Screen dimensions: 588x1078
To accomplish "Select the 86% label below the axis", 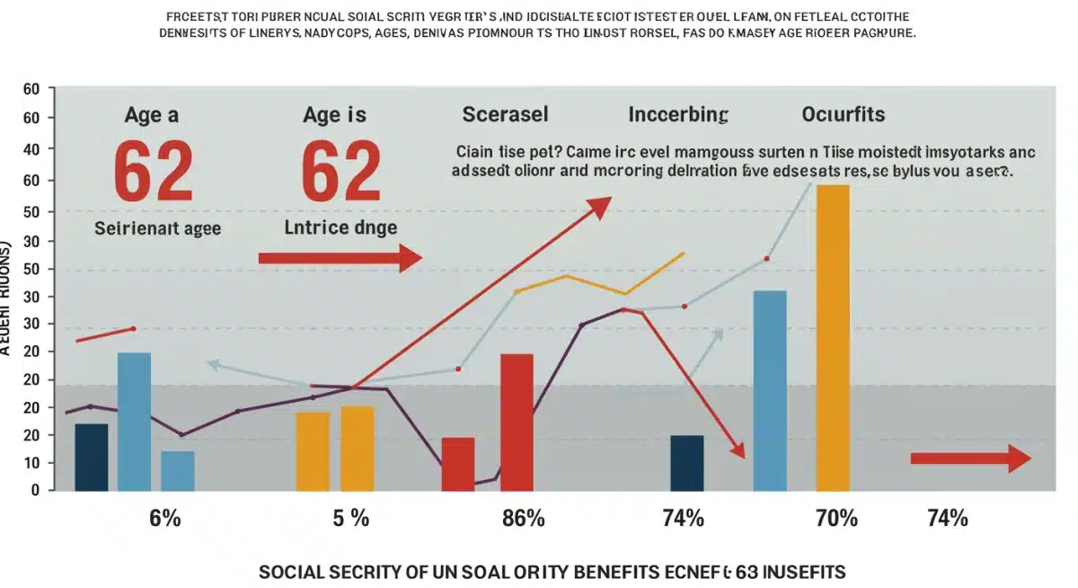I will point(523,518).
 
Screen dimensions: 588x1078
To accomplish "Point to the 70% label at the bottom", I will point(836,518).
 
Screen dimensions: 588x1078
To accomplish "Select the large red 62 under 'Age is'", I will point(340,173).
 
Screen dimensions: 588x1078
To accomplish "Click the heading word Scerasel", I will point(505,115).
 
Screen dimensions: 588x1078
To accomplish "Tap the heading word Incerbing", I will point(677,115).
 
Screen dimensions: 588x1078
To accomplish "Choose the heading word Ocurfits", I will point(843,115).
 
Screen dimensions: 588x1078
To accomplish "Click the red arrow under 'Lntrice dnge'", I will point(340,259).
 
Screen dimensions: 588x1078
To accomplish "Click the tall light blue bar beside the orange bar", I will point(770,390).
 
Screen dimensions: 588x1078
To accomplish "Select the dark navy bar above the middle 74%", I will point(687,463).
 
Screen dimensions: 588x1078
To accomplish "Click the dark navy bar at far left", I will point(91,457).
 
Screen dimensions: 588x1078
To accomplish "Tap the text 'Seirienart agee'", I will point(158,228).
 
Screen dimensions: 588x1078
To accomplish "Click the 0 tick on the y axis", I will point(37,491).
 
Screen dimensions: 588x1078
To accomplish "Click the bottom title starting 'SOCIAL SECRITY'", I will point(552,572).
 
